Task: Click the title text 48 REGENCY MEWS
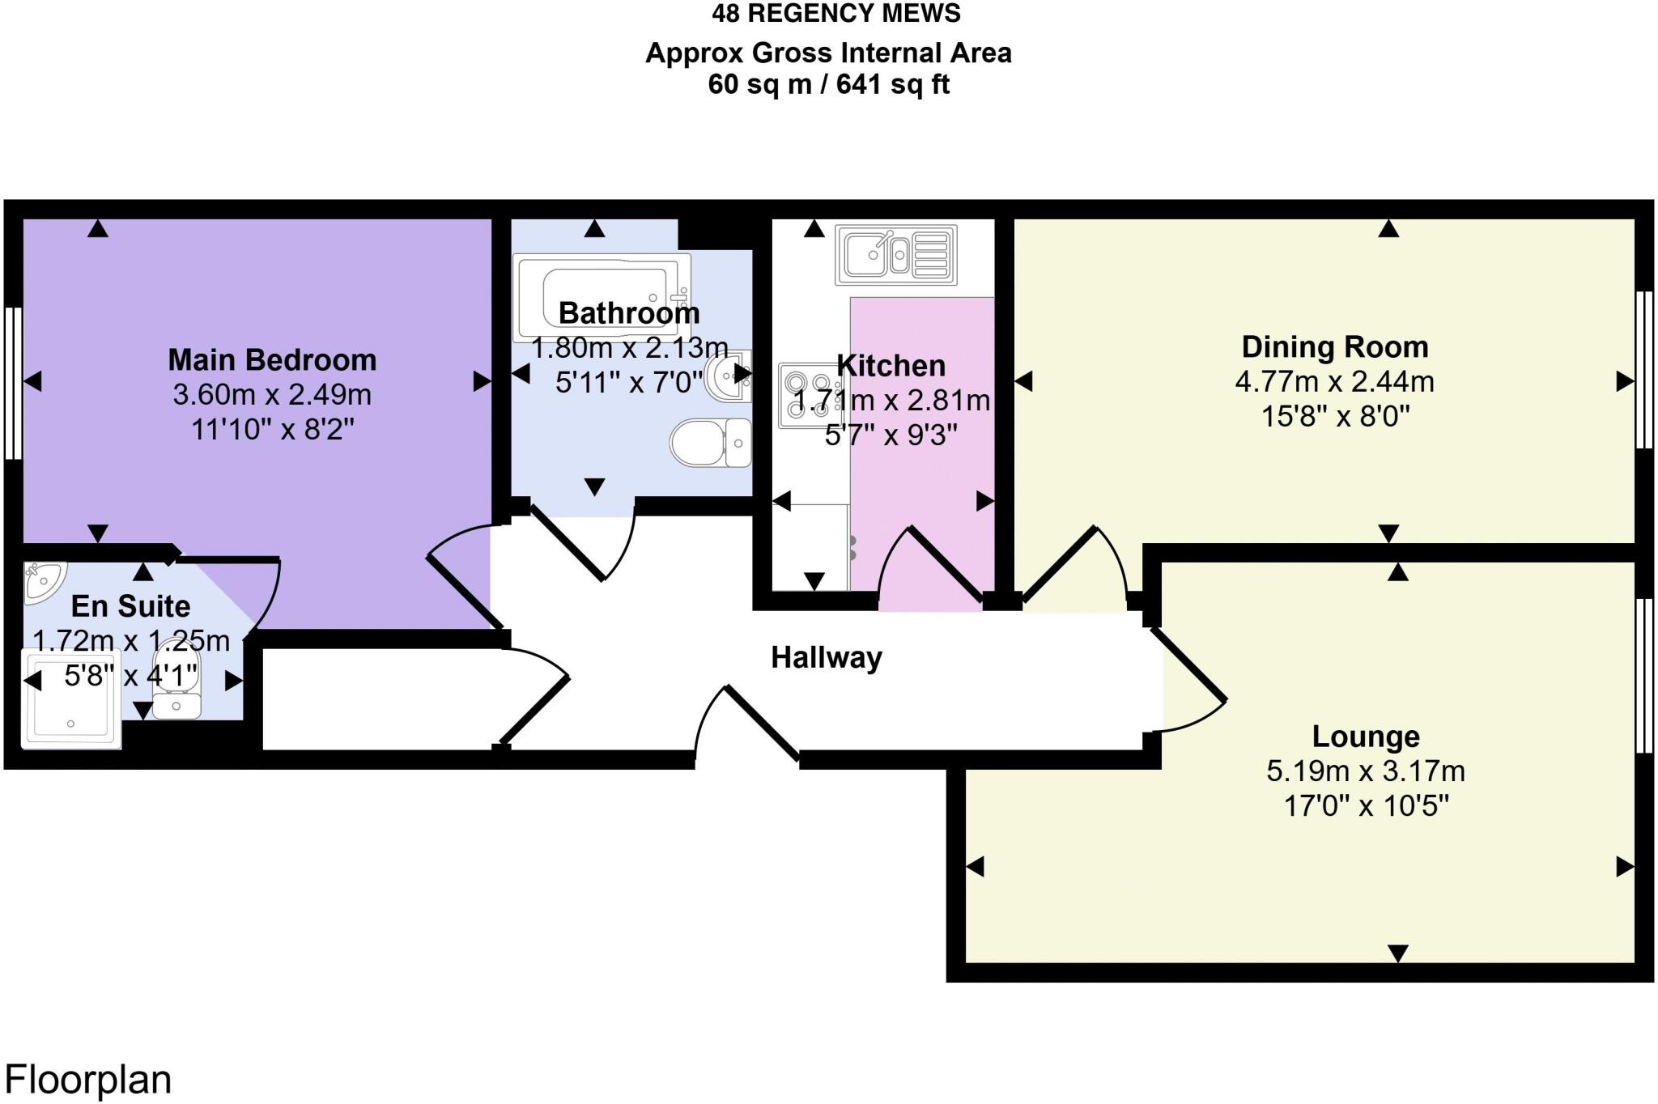pyautogui.click(x=836, y=14)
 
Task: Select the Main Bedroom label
pyautogui.click(x=272, y=360)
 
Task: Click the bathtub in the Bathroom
pyautogui.click(x=603, y=297)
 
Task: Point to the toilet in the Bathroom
pyautogui.click(x=711, y=443)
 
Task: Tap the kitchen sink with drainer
pyautogui.click(x=895, y=255)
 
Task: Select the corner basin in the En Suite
pyautogui.click(x=42, y=582)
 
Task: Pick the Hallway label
pyautogui.click(x=826, y=658)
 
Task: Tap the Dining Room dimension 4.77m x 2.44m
pyautogui.click(x=1334, y=381)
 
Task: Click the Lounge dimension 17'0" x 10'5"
pyautogui.click(x=1366, y=806)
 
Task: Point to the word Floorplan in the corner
pyautogui.click(x=88, y=1080)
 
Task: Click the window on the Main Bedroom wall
pyautogui.click(x=13, y=383)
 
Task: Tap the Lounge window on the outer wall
pyautogui.click(x=1643, y=677)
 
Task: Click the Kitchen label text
pyautogui.click(x=891, y=366)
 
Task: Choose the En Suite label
pyautogui.click(x=131, y=606)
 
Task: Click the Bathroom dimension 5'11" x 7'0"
pyautogui.click(x=629, y=381)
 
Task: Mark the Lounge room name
pyautogui.click(x=1366, y=737)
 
